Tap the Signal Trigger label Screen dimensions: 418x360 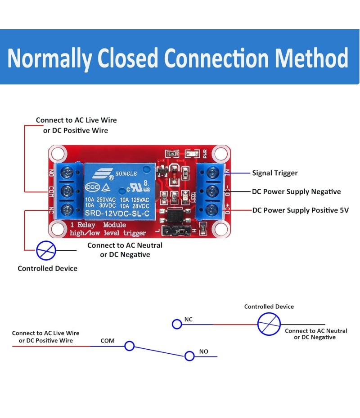coord(274,173)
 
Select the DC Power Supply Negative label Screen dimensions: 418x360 coord(296,191)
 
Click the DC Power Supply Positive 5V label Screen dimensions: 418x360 coord(300,210)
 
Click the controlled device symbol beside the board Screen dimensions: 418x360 coord(45,250)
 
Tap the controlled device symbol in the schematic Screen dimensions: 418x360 coord(269,324)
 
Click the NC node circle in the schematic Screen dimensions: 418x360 coord(177,324)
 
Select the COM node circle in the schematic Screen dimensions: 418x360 coord(130,346)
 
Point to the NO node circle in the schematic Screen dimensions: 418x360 coord(189,356)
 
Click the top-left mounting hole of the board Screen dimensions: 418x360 coord(58,154)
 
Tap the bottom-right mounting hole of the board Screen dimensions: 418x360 coord(220,229)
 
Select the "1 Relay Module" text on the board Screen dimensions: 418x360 coord(98,225)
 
